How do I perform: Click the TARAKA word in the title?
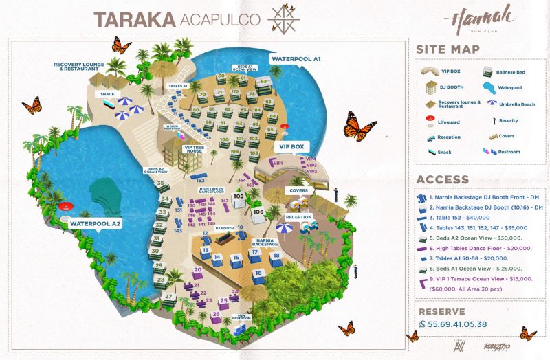[x=135, y=19]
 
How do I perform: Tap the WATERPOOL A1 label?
[x=296, y=60]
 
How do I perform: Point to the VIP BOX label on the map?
[x=291, y=146]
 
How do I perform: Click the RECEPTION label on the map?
[x=299, y=216]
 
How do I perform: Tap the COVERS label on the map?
[x=298, y=190]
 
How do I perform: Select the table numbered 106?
[x=258, y=212]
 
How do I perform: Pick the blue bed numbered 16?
[x=258, y=273]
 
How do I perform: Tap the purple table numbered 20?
[x=197, y=270]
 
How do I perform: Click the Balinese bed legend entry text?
[x=511, y=71]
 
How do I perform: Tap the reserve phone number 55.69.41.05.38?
[x=457, y=324]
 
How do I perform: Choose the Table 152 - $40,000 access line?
[x=466, y=217]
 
